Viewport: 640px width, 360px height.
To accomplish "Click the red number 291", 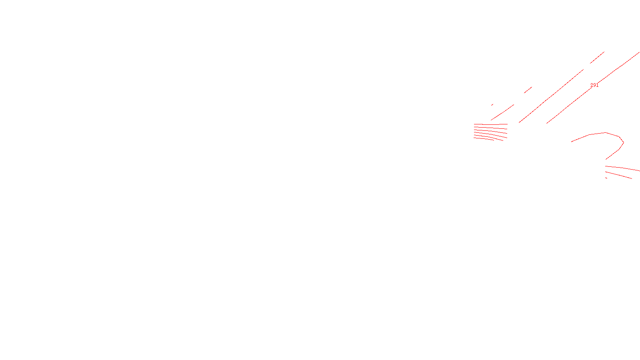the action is pyautogui.click(x=594, y=85).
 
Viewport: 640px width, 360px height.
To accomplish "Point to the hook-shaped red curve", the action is pyautogui.click(x=596, y=134).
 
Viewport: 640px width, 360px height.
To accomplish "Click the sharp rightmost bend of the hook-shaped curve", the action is pyautogui.click(x=623, y=142).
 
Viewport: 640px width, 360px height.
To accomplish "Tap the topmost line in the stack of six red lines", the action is pyautogui.click(x=491, y=124).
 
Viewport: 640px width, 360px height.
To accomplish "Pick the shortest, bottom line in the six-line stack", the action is pyautogui.click(x=484, y=139).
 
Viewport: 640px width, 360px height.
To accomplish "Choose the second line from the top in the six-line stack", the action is pyautogui.click(x=491, y=128).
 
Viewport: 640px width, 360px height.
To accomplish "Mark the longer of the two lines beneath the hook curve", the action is pyautogui.click(x=622, y=168).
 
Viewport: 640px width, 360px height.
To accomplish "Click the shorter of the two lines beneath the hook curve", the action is pyautogui.click(x=619, y=175).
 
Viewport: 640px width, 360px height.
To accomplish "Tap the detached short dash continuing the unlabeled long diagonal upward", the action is pyautogui.click(x=597, y=58).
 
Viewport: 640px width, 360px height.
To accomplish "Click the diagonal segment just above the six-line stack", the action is pyautogui.click(x=502, y=112).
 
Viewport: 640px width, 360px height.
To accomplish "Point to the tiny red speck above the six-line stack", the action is pyautogui.click(x=492, y=105).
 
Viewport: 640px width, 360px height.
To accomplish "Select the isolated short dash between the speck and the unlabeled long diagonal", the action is pyautogui.click(x=528, y=90).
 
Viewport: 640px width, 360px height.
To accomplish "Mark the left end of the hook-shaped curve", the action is pyautogui.click(x=572, y=142).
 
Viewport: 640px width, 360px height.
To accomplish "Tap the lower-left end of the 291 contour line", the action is pyautogui.click(x=547, y=123).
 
